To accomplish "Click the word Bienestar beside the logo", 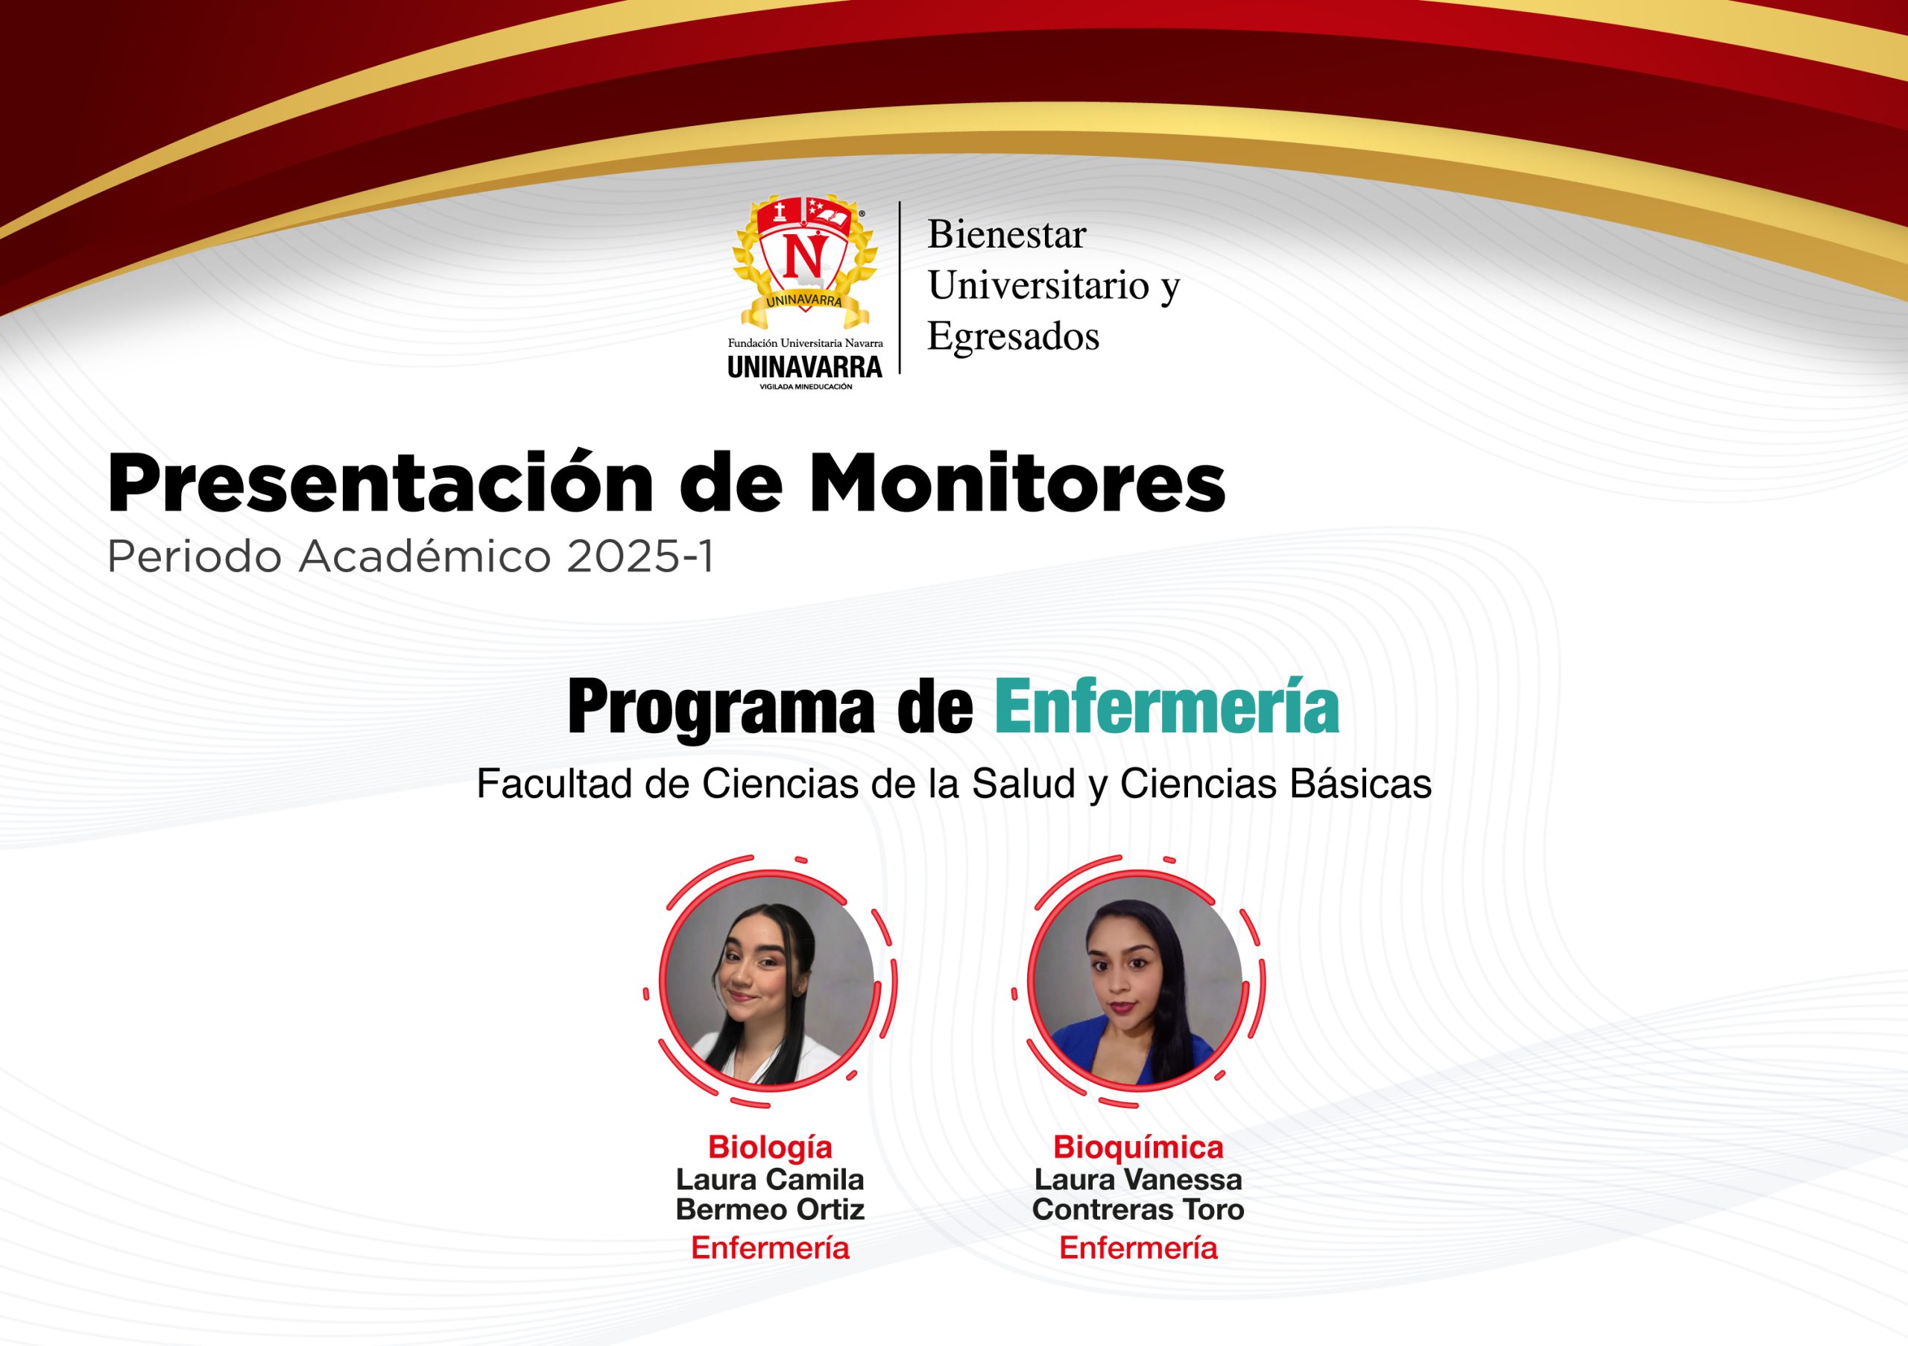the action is tap(1006, 234).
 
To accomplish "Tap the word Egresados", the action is tap(1013, 336).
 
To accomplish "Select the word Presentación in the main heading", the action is tap(380, 482).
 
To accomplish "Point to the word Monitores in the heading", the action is tap(1005, 483).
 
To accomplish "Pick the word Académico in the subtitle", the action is tap(425, 556).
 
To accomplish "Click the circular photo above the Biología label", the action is tap(769, 981).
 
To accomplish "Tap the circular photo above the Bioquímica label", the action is tap(1137, 981).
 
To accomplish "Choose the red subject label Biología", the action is tap(769, 1148).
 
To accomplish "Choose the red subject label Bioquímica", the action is tap(1137, 1148).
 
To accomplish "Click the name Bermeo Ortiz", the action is tap(769, 1210).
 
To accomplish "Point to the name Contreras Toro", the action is tap(1137, 1210).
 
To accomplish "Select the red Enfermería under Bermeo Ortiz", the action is tap(769, 1248).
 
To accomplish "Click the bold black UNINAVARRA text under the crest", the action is tap(804, 367).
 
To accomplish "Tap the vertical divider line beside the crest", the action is tap(900, 288).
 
